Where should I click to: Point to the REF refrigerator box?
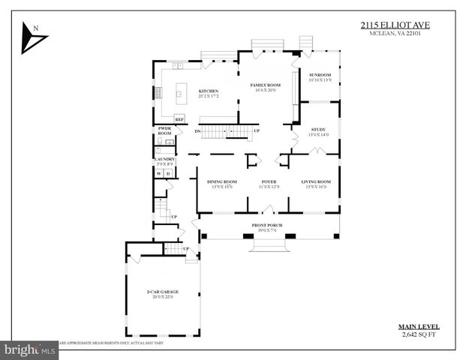179,119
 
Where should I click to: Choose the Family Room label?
265,87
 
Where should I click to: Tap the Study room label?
319,131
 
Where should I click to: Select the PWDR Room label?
164,131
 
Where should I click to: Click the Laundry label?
164,160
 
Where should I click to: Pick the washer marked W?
158,173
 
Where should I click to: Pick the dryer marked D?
168,173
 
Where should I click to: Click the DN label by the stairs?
197,132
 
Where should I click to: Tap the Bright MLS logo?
30,349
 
